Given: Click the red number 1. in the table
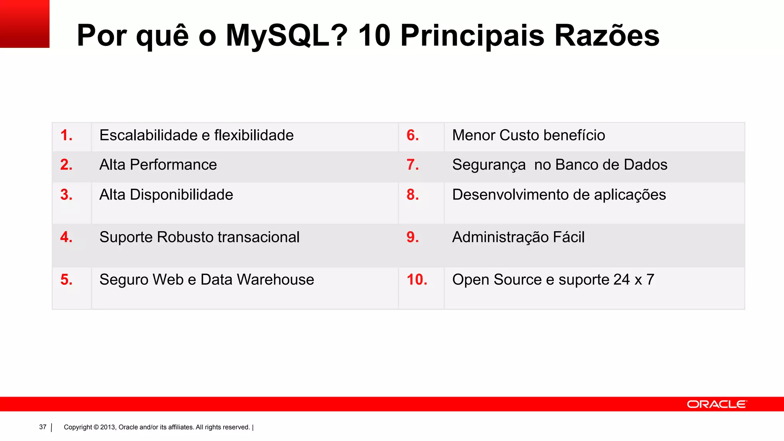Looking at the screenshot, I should (66, 136).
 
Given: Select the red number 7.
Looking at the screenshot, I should (412, 165).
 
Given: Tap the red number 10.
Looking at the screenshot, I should (416, 280).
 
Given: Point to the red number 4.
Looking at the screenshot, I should (66, 237).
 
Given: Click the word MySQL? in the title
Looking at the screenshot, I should (287, 36).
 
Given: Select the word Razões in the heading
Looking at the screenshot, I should (607, 36).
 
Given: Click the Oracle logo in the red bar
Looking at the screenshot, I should (717, 404).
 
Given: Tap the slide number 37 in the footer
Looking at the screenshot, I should (42, 427).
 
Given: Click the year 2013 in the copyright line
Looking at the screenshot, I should (108, 427).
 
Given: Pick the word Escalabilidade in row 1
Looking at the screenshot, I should (149, 136).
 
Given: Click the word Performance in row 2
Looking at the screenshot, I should (173, 165).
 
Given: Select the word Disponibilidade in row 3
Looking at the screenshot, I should (181, 195).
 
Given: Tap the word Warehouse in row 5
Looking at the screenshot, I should (276, 280).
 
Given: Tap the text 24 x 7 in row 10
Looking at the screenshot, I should (634, 280).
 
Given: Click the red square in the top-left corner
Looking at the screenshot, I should (24, 24).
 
